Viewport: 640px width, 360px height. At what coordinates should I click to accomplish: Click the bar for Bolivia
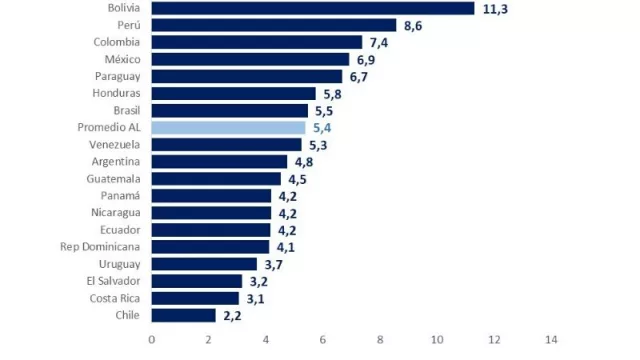pos(312,8)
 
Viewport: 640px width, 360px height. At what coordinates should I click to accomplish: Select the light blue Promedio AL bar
pos(228,127)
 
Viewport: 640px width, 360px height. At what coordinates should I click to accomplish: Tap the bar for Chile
pos(183,315)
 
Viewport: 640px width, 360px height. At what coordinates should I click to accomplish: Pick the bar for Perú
pos(274,25)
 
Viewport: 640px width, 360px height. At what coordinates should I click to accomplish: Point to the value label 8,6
pos(413,26)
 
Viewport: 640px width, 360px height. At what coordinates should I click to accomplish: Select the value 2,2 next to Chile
pos(231,316)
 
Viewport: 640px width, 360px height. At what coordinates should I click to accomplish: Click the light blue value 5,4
pos(321,128)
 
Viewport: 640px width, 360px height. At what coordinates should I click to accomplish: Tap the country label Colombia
pos(117,42)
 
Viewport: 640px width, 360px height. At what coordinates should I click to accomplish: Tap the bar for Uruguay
pos(203,264)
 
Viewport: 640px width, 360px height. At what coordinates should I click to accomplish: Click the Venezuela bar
pos(226,144)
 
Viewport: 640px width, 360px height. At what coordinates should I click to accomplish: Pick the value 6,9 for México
pos(366,60)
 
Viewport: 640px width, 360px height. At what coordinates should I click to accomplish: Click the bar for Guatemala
pos(215,179)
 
